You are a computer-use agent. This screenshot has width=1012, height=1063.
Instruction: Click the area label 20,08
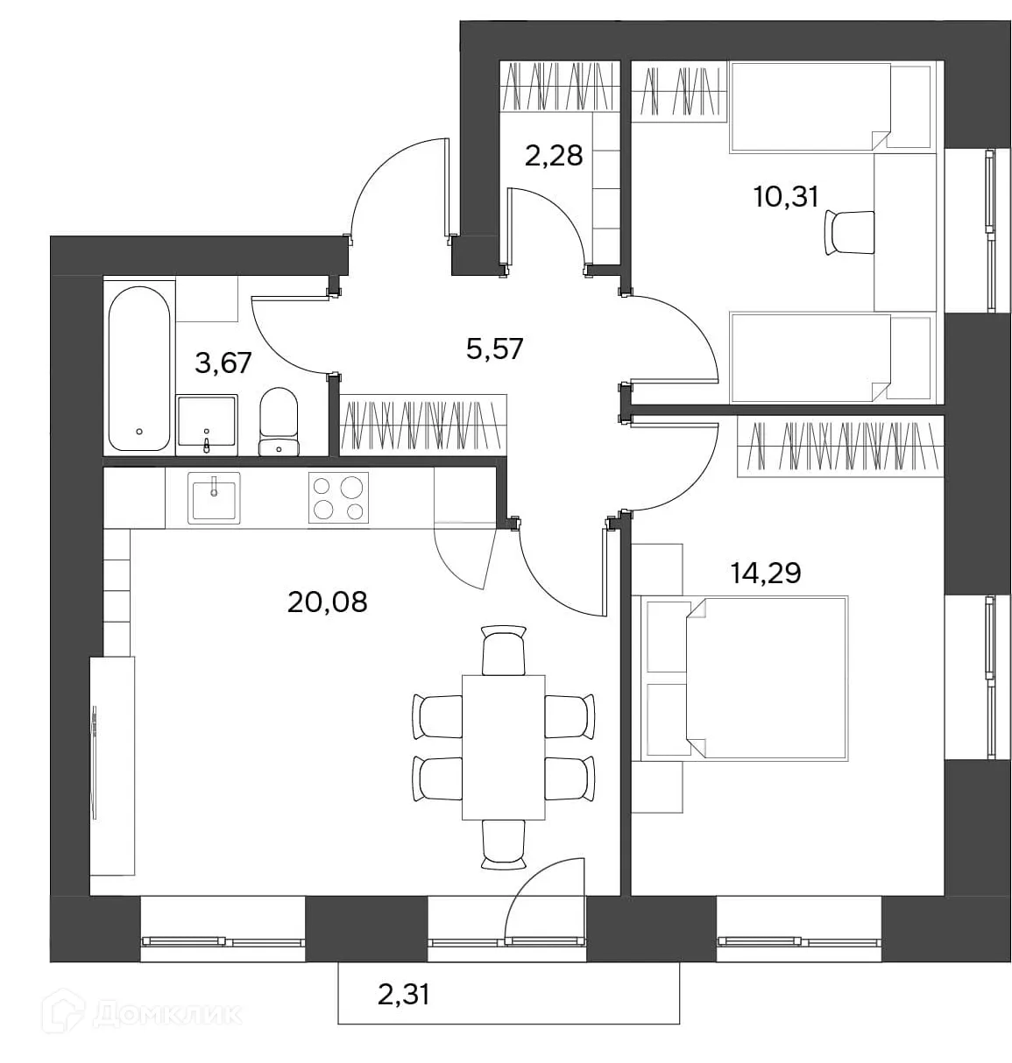[x=328, y=602]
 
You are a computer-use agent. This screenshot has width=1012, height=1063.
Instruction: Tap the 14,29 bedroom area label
[x=766, y=574]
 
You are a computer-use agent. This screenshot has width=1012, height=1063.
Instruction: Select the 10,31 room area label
[x=786, y=196]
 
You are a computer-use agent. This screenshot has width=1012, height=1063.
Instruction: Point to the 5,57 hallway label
[x=495, y=348]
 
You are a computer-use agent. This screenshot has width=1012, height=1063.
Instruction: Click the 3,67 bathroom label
[x=223, y=363]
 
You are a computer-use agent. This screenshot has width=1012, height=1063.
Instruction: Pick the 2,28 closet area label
[x=554, y=156]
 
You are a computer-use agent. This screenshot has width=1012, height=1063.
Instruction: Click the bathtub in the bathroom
[x=139, y=369]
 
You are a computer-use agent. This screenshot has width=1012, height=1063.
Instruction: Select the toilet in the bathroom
[x=279, y=421]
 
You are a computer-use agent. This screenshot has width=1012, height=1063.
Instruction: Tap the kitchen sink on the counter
[x=215, y=498]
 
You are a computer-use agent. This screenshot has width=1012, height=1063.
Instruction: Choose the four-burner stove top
[x=339, y=497]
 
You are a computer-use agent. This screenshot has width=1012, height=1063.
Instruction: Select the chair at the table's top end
[x=504, y=651]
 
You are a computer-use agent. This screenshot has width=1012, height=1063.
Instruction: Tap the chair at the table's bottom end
[x=504, y=845]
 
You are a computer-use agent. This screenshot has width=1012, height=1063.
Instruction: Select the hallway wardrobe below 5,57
[x=423, y=425]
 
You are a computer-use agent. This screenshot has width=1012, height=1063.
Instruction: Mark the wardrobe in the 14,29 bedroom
[x=841, y=446]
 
